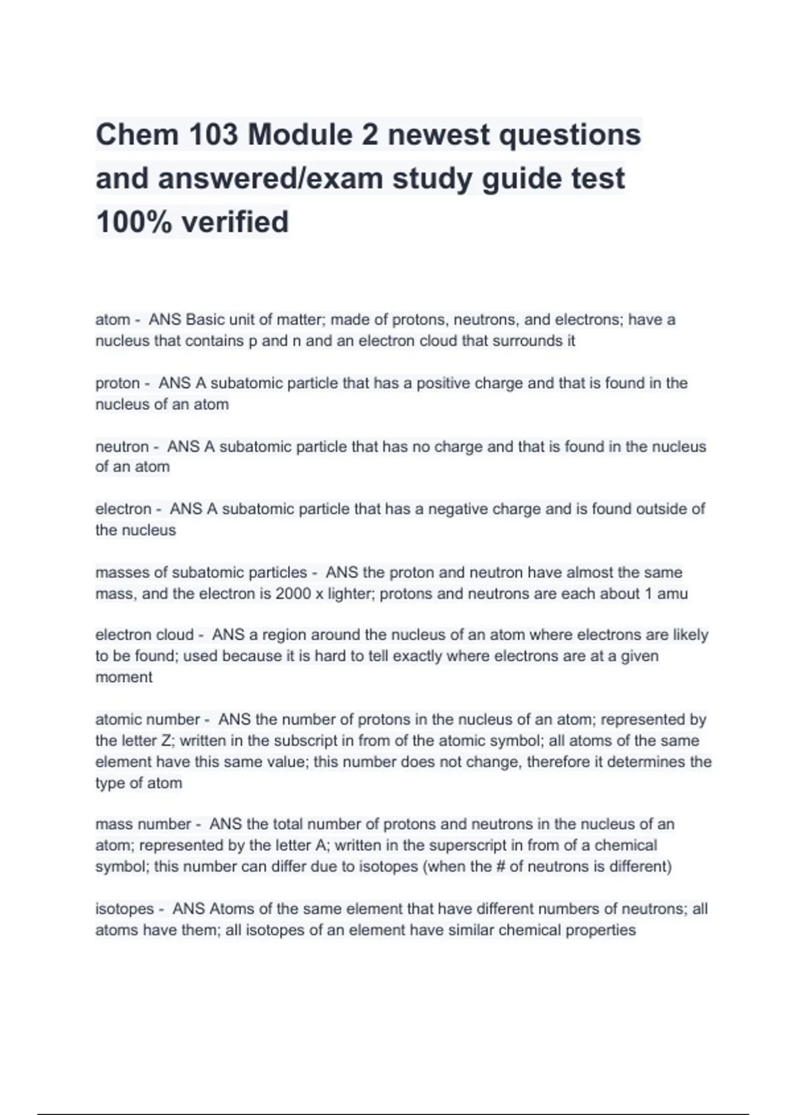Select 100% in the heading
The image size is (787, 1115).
134,222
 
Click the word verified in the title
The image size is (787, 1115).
235,222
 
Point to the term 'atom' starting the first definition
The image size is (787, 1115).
112,320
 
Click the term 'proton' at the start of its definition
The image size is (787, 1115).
117,383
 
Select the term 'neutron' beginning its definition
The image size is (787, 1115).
122,447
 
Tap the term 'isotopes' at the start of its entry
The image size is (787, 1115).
125,909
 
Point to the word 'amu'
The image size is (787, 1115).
673,594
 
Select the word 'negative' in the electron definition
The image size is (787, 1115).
457,510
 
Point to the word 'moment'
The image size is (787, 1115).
124,678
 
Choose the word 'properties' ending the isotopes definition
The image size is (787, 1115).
600,930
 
